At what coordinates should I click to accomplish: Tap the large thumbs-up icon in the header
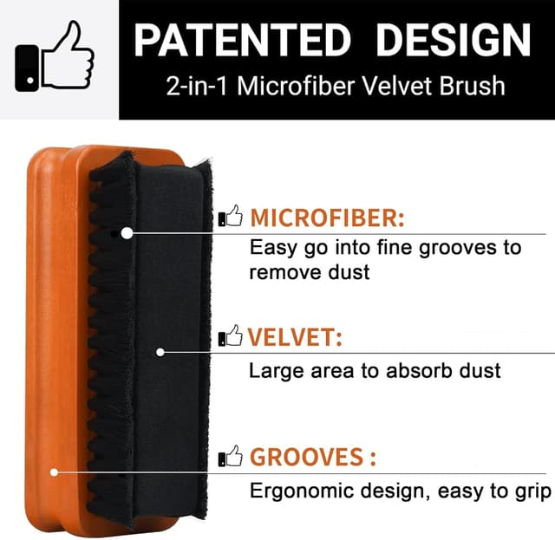point(57,58)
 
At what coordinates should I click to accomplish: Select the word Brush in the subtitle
point(474,88)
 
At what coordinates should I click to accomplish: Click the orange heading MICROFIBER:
point(327,218)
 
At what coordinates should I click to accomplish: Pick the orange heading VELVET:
point(294,337)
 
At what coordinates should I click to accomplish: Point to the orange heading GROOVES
point(306,457)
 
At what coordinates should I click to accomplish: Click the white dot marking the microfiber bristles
point(127,233)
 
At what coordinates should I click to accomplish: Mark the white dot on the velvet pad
point(160,352)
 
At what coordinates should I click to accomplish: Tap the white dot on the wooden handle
point(54,472)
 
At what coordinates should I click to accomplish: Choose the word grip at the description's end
point(531,491)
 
